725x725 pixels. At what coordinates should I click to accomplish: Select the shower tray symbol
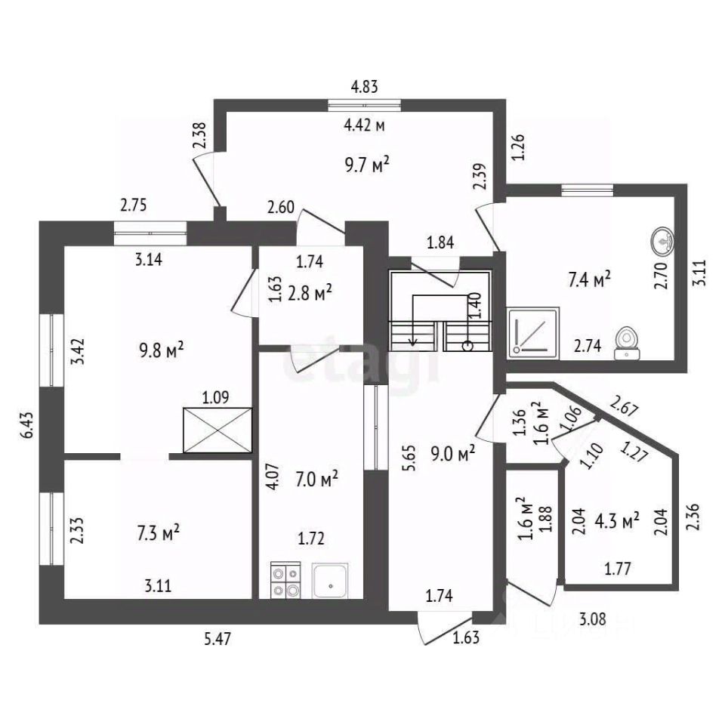pos(534,332)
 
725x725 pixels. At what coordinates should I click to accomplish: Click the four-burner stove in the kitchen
pos(285,581)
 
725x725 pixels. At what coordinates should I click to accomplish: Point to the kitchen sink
pos(329,581)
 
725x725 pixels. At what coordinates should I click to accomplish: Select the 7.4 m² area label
pos(588,281)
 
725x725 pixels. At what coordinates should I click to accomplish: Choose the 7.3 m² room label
pos(158,532)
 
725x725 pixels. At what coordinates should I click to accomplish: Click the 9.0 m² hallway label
pos(454,452)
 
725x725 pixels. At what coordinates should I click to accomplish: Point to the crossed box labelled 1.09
pos(217,430)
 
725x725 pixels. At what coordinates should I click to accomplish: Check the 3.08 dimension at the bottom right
pos(594,621)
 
